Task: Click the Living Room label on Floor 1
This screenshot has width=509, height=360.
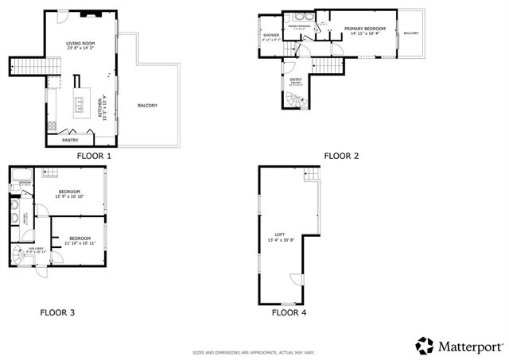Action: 81,45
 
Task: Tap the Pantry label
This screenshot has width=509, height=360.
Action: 70,141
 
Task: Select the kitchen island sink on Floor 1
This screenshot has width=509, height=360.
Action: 80,101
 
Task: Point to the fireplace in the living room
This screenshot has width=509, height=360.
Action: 94,14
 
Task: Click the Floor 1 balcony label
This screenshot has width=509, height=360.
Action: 147,106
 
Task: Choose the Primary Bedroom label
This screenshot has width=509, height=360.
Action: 366,29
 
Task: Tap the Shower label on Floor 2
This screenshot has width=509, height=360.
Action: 270,36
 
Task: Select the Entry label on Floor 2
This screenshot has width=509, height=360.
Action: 296,79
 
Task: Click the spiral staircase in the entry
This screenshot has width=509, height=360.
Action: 296,102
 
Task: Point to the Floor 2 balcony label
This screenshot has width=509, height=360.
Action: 410,33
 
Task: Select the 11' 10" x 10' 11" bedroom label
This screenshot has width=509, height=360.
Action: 79,239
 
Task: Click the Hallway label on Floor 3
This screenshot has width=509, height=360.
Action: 37,249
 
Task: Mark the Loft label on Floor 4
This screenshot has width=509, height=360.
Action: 279,234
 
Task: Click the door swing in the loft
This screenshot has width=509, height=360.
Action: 296,278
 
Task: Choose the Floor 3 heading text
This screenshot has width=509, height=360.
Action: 57,312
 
